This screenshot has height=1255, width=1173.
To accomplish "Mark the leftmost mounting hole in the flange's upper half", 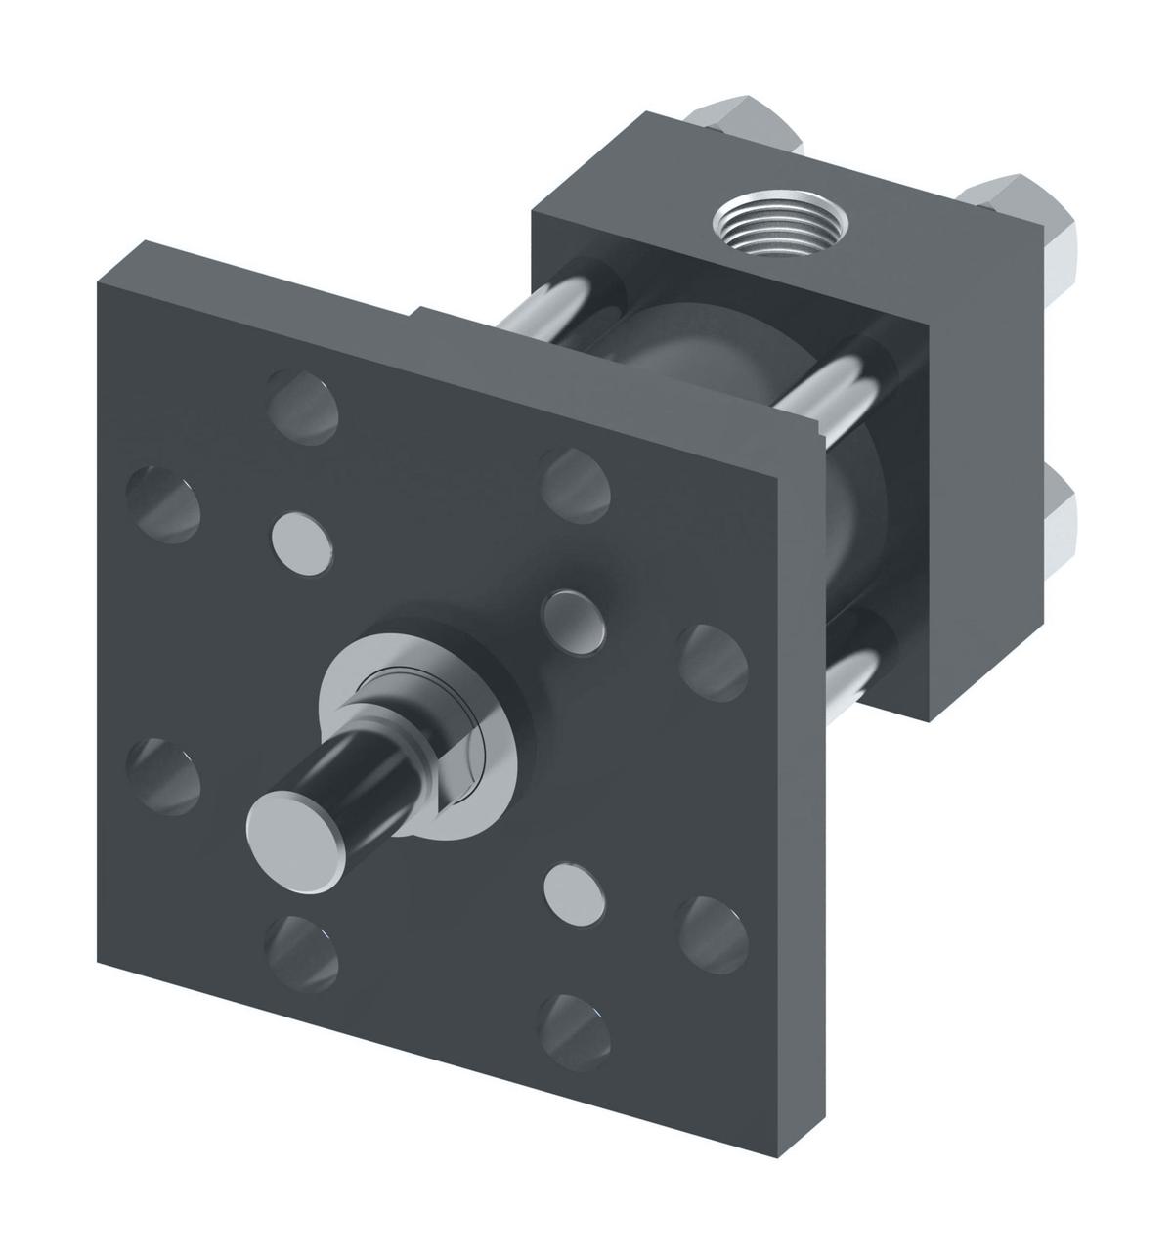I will click(x=165, y=500).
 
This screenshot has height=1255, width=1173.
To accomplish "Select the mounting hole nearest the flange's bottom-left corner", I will click(x=304, y=946).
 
